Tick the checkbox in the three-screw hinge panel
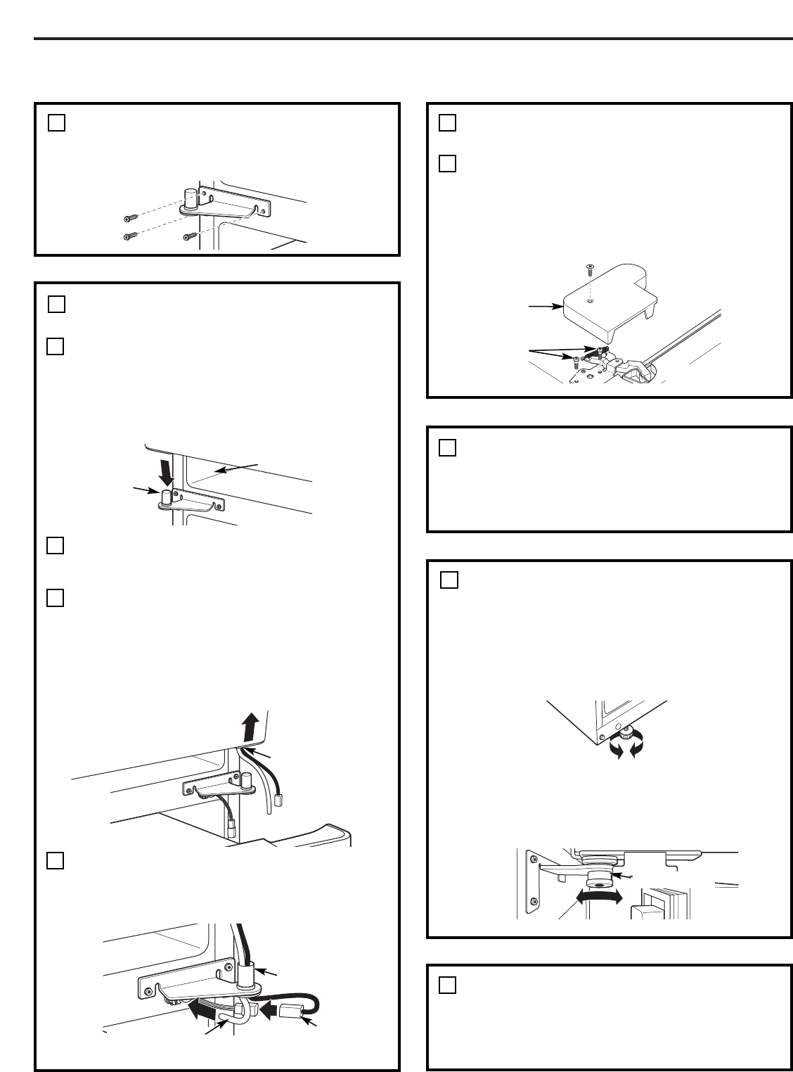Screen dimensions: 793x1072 (x=56, y=122)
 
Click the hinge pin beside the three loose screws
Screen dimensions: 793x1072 (x=190, y=198)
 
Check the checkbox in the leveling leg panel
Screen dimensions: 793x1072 (x=449, y=580)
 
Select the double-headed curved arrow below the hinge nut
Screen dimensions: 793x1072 (x=598, y=896)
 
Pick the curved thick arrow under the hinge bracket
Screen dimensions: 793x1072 (x=207, y=1009)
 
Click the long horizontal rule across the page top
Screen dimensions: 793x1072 (x=413, y=39)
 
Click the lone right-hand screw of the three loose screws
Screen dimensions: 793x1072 (x=189, y=236)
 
